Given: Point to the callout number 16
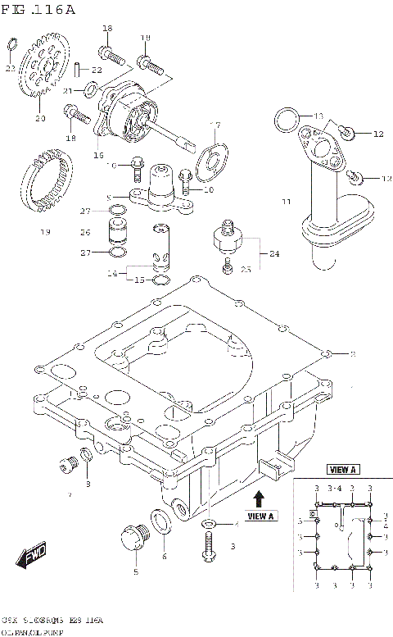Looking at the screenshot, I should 99,154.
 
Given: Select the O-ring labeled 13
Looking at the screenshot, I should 286,121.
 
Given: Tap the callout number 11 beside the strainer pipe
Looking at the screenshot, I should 286,201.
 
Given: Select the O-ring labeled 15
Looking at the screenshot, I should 162,280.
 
